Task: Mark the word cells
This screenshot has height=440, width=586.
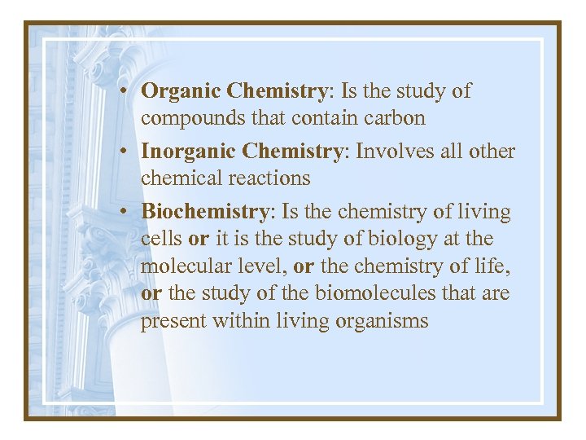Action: (162, 239)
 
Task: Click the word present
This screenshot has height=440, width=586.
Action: (173, 321)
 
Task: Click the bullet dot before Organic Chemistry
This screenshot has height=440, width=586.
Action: (130, 92)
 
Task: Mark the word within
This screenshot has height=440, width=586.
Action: (238, 320)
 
